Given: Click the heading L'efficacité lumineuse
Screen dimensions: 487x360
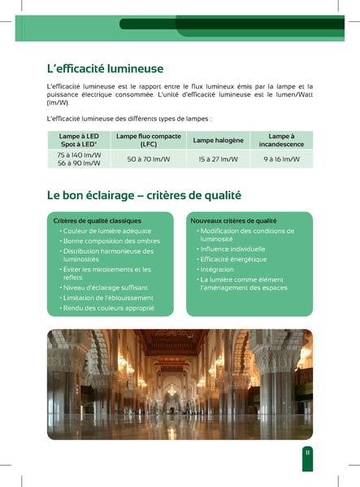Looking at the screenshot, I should (x=106, y=68).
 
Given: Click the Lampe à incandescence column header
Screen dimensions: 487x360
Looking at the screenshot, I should (x=281, y=140).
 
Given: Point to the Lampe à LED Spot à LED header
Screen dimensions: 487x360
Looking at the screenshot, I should (x=79, y=140).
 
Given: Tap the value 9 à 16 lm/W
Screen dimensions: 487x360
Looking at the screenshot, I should (x=281, y=159).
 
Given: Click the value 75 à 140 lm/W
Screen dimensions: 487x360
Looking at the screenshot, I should (x=79, y=154).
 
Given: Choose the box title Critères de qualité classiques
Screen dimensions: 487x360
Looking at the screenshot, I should (x=98, y=220).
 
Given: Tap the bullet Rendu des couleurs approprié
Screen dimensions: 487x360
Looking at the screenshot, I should (x=109, y=308).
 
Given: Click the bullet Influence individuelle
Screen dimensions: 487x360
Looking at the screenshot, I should (x=232, y=249).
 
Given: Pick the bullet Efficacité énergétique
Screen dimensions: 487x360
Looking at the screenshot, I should (x=232, y=259).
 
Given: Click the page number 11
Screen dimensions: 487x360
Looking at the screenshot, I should (x=307, y=452).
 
